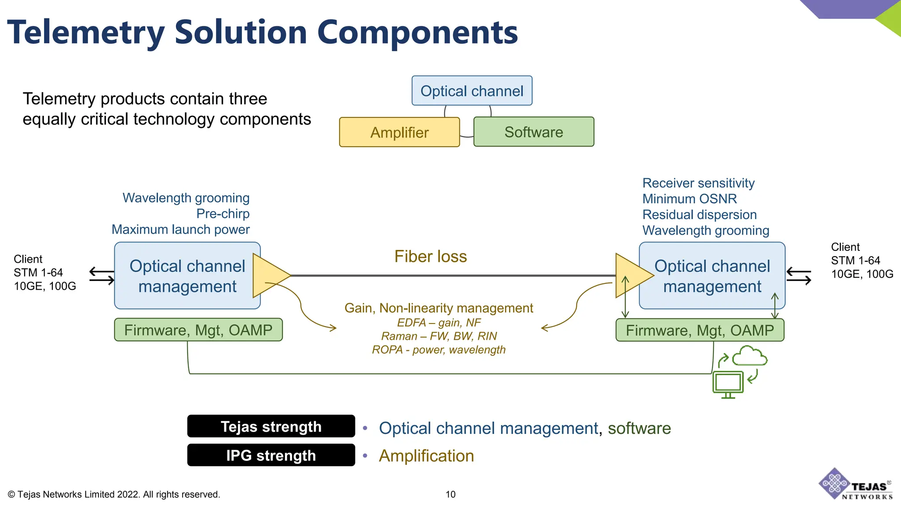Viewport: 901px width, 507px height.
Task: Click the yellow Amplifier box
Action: click(399, 132)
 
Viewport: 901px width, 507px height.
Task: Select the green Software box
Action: click(533, 132)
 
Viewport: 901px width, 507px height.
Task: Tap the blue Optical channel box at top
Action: click(472, 91)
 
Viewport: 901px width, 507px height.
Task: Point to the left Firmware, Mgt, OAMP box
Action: click(198, 330)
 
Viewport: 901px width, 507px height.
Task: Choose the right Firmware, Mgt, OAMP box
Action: click(700, 331)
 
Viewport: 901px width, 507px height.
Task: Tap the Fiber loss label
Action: click(430, 257)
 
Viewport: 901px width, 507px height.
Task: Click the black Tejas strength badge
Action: click(271, 426)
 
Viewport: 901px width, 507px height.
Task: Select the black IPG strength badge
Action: click(271, 455)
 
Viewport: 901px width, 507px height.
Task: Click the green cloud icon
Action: click(750, 356)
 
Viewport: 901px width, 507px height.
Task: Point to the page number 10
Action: click(450, 494)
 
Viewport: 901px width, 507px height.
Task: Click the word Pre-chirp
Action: click(223, 214)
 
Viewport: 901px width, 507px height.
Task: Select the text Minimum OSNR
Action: click(689, 199)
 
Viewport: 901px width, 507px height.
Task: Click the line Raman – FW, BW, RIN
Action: click(439, 336)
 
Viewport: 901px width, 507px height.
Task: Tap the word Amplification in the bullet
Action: click(426, 456)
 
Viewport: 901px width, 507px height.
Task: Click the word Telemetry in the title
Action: click(86, 33)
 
